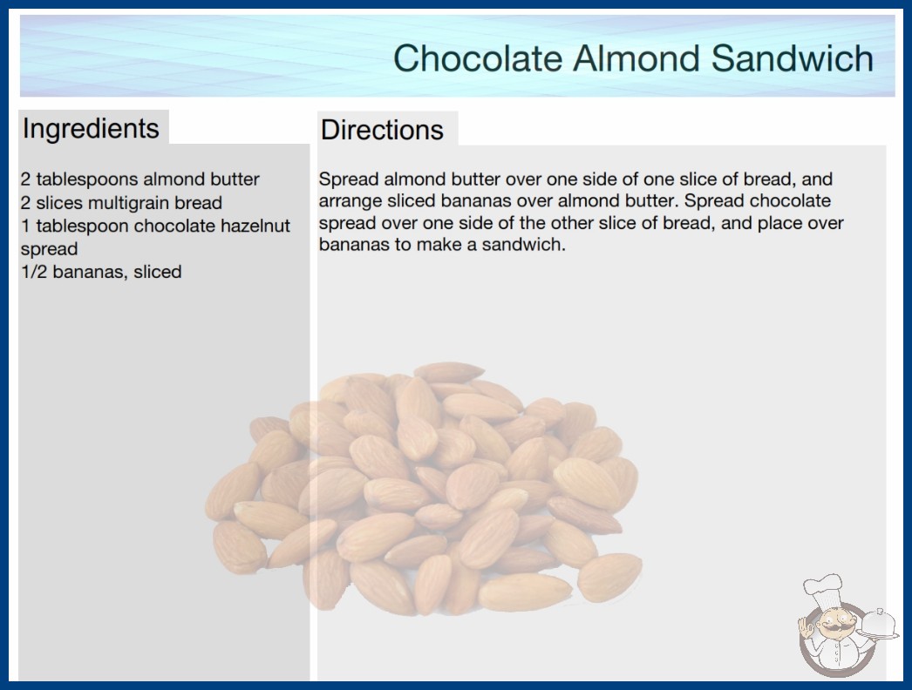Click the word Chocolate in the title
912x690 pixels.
(478, 58)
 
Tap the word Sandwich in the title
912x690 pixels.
(792, 58)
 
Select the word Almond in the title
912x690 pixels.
(636, 58)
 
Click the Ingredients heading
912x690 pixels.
(91, 129)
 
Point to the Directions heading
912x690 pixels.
(382, 130)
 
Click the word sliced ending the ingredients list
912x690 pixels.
(157, 272)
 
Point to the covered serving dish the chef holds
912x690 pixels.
(878, 626)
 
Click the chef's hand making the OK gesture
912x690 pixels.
(807, 627)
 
